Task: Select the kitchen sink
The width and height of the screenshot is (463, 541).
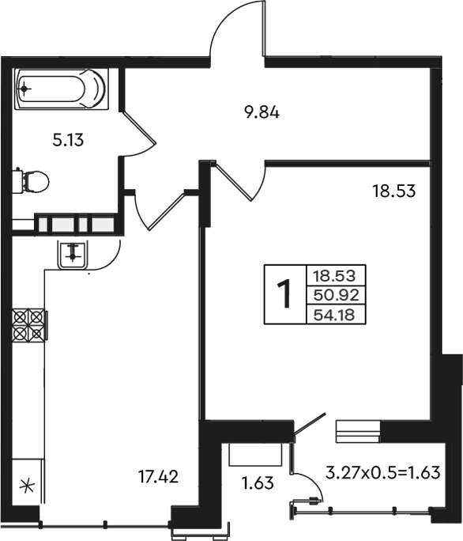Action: (73, 255)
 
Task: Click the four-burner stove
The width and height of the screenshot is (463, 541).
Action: (29, 325)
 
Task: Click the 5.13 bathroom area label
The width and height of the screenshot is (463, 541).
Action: (68, 141)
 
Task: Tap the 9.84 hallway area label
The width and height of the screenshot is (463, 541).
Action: (262, 112)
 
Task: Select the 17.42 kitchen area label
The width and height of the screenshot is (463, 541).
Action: (158, 477)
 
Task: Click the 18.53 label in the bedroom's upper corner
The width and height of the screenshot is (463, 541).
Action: (394, 191)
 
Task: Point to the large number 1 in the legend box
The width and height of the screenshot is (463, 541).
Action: (284, 294)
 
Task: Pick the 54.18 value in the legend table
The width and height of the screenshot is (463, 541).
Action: (334, 315)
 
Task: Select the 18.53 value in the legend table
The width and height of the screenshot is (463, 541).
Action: (334, 276)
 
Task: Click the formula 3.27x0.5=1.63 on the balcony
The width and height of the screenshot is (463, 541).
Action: (383, 472)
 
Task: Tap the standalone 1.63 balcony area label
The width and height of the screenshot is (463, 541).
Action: (258, 483)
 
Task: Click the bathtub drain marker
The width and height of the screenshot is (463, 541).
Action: (24, 89)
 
